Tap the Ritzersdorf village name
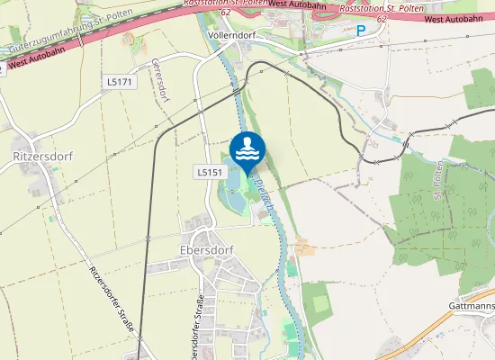pyautogui.click(x=42, y=156)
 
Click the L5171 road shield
pyautogui.click(x=119, y=82)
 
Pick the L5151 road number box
pyautogui.click(x=209, y=171)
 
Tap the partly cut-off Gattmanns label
pyautogui.click(x=472, y=306)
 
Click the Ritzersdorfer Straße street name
pyautogui.click(x=112, y=298)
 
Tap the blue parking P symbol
pyautogui.click(x=360, y=31)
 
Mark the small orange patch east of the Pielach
pyautogui.click(x=301, y=246)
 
